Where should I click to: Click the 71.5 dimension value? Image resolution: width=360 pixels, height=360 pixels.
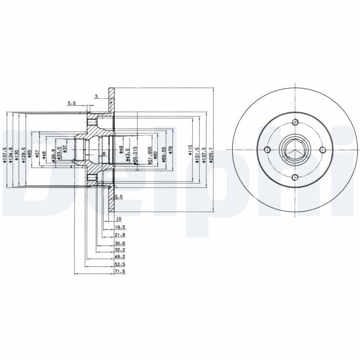pyautogui.click(x=120, y=272)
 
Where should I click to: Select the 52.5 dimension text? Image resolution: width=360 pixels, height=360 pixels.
pyautogui.click(x=120, y=264)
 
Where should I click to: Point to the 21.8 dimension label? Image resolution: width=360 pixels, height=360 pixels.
pyautogui.click(x=120, y=235)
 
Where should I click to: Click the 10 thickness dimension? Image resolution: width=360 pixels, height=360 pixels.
pyautogui.click(x=118, y=219)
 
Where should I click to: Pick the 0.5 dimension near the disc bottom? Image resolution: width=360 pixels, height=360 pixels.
pyautogui.click(x=119, y=197)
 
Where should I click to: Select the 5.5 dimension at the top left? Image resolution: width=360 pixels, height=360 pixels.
pyautogui.click(x=72, y=103)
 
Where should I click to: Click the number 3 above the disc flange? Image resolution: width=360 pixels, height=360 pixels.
pyautogui.click(x=96, y=96)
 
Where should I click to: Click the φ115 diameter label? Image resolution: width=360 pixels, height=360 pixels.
pyautogui.click(x=190, y=151)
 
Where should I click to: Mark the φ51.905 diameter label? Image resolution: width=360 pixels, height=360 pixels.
pyautogui.click(x=149, y=155)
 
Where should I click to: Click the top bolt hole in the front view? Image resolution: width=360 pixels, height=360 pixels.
pyautogui.click(x=295, y=122)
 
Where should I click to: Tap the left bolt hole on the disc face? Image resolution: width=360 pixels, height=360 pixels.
pyautogui.click(x=267, y=150)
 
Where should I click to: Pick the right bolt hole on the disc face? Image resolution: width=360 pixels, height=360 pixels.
pyautogui.click(x=323, y=150)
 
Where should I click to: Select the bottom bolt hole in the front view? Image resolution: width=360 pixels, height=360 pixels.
pyautogui.click(x=295, y=177)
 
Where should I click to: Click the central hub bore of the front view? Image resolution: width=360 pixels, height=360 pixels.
pyautogui.click(x=295, y=150)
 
